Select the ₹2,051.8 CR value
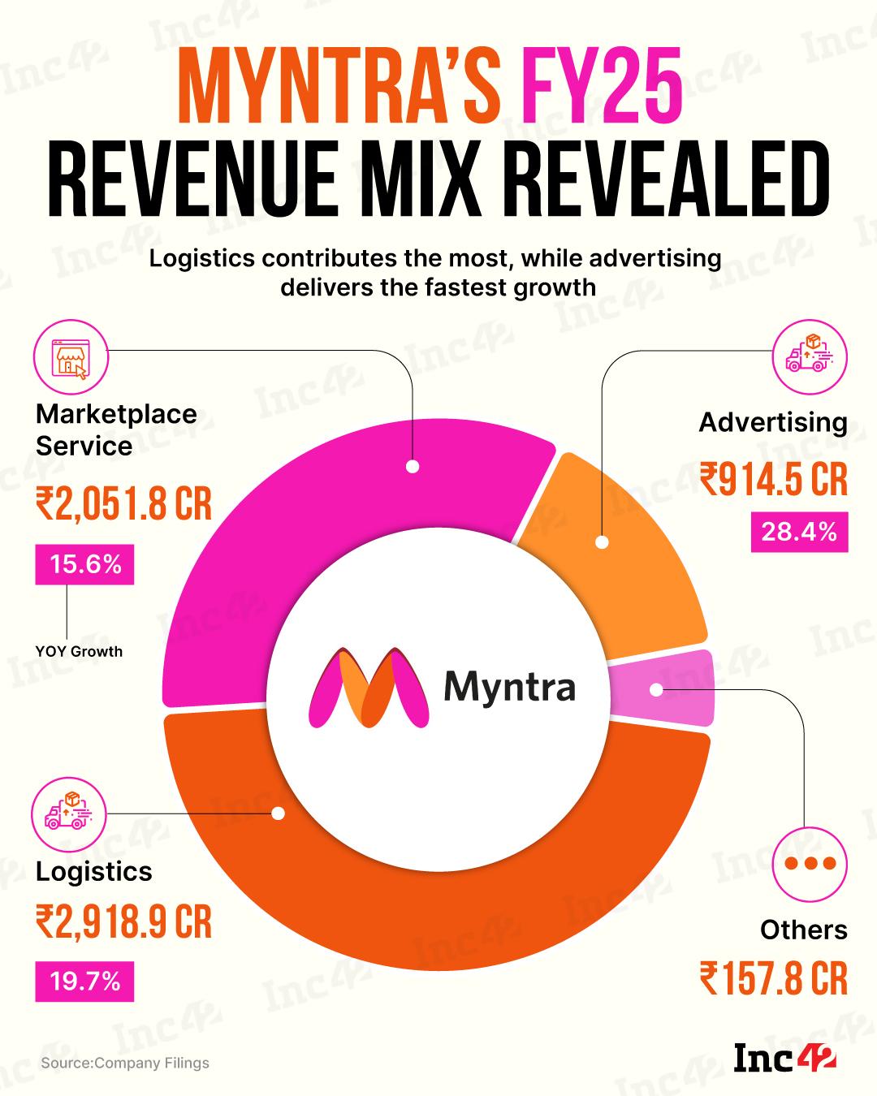pyautogui.click(x=123, y=504)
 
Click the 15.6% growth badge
pyautogui.click(x=84, y=564)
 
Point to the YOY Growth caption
pyautogui.click(x=79, y=651)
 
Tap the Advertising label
pyautogui.click(x=773, y=422)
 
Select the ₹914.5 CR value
pyautogui.click(x=773, y=479)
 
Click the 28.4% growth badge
pyautogui.click(x=798, y=533)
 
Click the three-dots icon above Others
pyautogui.click(x=809, y=862)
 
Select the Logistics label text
pyautogui.click(x=94, y=871)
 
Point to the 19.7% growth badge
pyautogui.click(x=84, y=982)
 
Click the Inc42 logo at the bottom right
pyautogui.click(x=784, y=1059)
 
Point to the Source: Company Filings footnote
pyautogui.click(x=125, y=1063)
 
